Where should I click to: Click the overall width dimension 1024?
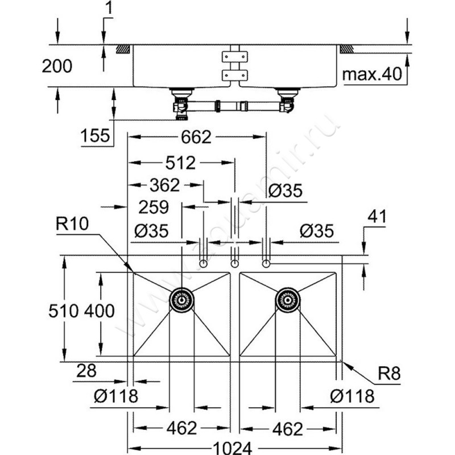tap(233, 448)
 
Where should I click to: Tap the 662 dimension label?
tap(196, 137)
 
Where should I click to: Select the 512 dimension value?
tap(180, 163)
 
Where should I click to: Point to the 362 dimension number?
tap(164, 185)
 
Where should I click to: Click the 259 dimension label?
tap(154, 207)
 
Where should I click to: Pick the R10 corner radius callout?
tap(72, 224)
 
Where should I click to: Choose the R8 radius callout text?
tap(389, 373)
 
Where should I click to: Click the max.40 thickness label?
tap(372, 74)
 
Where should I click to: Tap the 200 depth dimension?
tap(57, 66)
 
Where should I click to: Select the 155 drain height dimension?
tap(95, 135)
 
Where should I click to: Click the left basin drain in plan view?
tap(181, 300)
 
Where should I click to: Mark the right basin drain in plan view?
tap(288, 300)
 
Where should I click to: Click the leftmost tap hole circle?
tap(204, 264)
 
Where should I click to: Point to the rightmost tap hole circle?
tap(266, 264)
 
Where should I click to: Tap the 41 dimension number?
tap(377, 217)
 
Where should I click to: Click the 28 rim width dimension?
tap(86, 371)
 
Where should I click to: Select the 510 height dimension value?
tap(64, 311)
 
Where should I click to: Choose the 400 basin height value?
tap(100, 311)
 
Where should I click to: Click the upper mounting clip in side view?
tap(235, 57)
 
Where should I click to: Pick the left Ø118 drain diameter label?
tap(116, 396)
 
